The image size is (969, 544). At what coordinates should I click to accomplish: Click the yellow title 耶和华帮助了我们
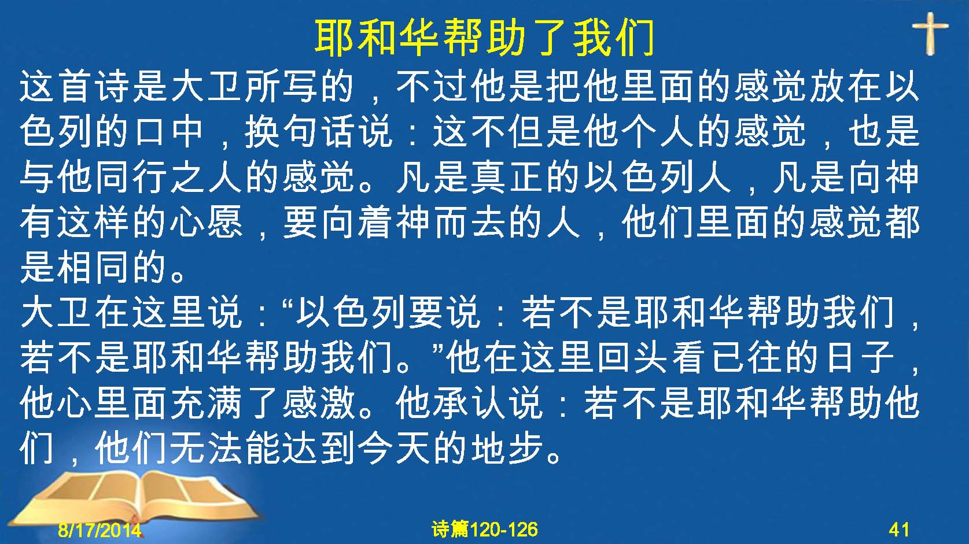pyautogui.click(x=485, y=38)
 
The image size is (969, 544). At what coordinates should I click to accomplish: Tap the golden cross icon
pyautogui.click(x=930, y=34)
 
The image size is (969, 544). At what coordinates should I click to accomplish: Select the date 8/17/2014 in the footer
pyautogui.click(x=100, y=530)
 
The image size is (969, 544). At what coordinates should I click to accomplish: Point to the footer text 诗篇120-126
pyautogui.click(x=485, y=530)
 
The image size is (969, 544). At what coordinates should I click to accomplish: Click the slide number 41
pyautogui.click(x=899, y=530)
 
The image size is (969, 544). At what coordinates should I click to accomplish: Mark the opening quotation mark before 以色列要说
pyautogui.click(x=287, y=303)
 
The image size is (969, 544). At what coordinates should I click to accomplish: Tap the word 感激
pyautogui.click(x=319, y=403)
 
